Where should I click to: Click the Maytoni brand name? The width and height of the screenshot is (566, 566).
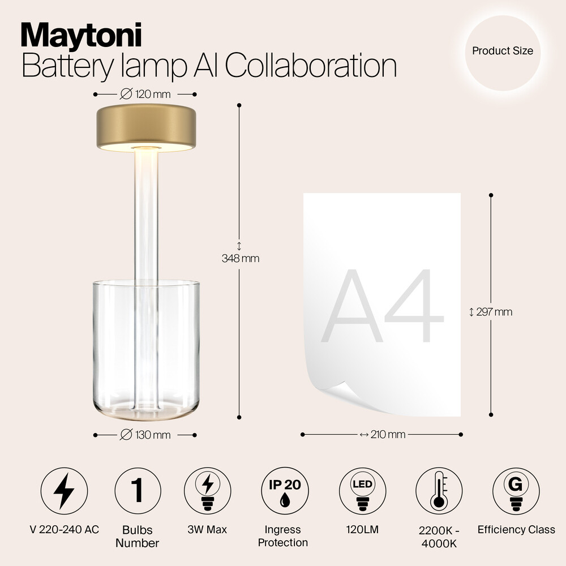pyautogui.click(x=81, y=35)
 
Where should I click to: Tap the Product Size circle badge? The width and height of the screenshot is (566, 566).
pyautogui.click(x=503, y=53)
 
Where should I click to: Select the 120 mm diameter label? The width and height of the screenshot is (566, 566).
pyautogui.click(x=145, y=94)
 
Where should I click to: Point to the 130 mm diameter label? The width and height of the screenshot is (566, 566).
pyautogui.click(x=145, y=435)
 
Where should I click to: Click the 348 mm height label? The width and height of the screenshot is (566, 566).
pyautogui.click(x=241, y=258)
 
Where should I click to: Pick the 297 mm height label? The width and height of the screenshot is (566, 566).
pyautogui.click(x=491, y=312)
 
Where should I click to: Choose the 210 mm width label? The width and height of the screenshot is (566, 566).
pyautogui.click(x=383, y=434)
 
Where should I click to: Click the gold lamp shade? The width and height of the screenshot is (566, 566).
pyautogui.click(x=146, y=128)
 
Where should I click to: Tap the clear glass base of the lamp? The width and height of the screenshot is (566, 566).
pyautogui.click(x=146, y=350)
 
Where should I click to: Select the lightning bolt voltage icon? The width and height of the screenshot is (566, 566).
pyautogui.click(x=65, y=491)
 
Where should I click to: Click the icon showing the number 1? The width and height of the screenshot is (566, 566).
pyautogui.click(x=138, y=491)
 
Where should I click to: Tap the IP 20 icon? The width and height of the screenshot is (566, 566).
pyautogui.click(x=285, y=491)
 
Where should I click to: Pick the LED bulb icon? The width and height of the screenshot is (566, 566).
pyautogui.click(x=362, y=491)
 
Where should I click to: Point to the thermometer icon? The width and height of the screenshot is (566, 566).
pyautogui.click(x=439, y=491)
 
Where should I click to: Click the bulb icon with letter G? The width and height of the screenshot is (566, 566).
pyautogui.click(x=516, y=491)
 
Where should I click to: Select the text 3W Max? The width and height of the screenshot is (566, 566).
pyautogui.click(x=207, y=530)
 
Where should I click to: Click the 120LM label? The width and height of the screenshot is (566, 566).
pyautogui.click(x=362, y=530)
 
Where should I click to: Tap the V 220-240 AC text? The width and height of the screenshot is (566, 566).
pyautogui.click(x=65, y=530)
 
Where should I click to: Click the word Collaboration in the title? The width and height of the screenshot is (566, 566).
pyautogui.click(x=311, y=66)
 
